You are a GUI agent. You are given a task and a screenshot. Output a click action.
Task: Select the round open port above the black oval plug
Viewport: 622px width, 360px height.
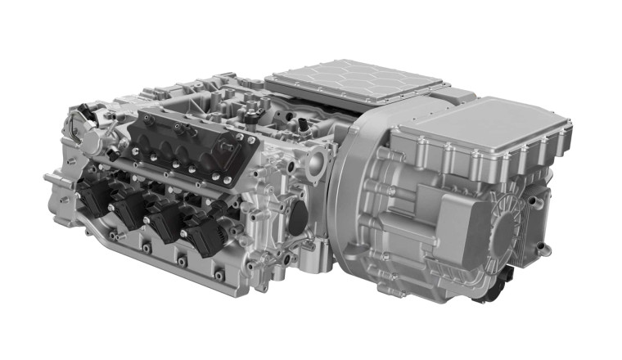316,175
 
